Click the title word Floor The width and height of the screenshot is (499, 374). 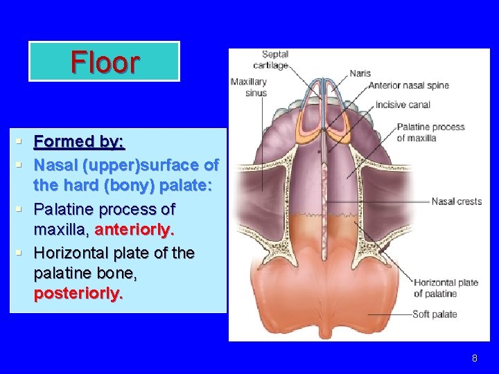[x=105, y=62]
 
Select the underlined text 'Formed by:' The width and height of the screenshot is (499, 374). [x=79, y=142]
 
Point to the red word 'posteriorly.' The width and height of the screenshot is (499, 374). [x=78, y=293]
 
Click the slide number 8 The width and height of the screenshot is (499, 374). [x=474, y=358]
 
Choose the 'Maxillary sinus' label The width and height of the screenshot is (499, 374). [x=248, y=87]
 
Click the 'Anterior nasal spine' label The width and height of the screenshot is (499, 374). [x=408, y=86]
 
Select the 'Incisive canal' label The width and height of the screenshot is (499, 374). [x=403, y=105]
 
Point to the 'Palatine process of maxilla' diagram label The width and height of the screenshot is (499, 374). [x=430, y=132]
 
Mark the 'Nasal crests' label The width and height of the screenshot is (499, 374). [x=456, y=202]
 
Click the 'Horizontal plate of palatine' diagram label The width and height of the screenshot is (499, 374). [x=446, y=287]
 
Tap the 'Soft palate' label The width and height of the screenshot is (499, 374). [x=435, y=314]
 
